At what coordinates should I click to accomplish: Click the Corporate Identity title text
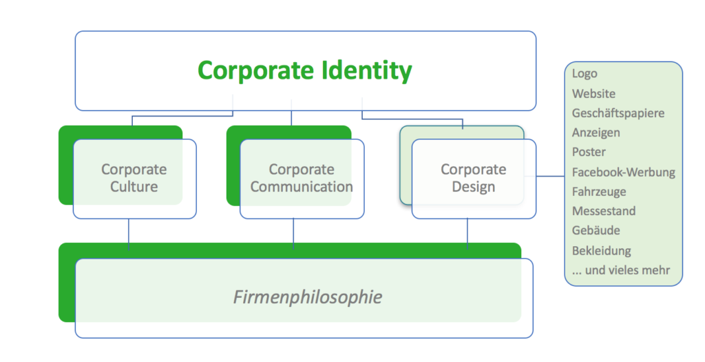[x=305, y=70]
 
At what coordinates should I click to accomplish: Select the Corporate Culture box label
[x=134, y=178]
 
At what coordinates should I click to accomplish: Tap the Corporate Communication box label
[x=302, y=178]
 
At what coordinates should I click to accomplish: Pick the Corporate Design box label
[x=474, y=178]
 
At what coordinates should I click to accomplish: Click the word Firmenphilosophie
[x=307, y=298]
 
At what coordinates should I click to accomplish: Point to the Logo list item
[x=585, y=74]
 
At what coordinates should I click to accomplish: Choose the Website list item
[x=593, y=94]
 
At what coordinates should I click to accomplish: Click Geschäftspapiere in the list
[x=618, y=113]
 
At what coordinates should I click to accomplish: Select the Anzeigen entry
[x=596, y=132]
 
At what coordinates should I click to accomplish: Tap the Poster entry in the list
[x=589, y=152]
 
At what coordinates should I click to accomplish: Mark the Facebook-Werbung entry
[x=623, y=172]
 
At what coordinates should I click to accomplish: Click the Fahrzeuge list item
[x=598, y=192]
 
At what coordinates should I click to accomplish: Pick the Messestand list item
[x=603, y=211]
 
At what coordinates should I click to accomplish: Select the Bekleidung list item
[x=601, y=250]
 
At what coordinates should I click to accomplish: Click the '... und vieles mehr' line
[x=620, y=270]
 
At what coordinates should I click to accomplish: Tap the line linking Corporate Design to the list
[x=550, y=177]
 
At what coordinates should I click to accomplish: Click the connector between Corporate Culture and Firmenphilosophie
[x=129, y=234]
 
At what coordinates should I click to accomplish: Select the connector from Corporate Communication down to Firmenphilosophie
[x=294, y=234]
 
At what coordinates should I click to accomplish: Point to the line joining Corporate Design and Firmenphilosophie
[x=468, y=234]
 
